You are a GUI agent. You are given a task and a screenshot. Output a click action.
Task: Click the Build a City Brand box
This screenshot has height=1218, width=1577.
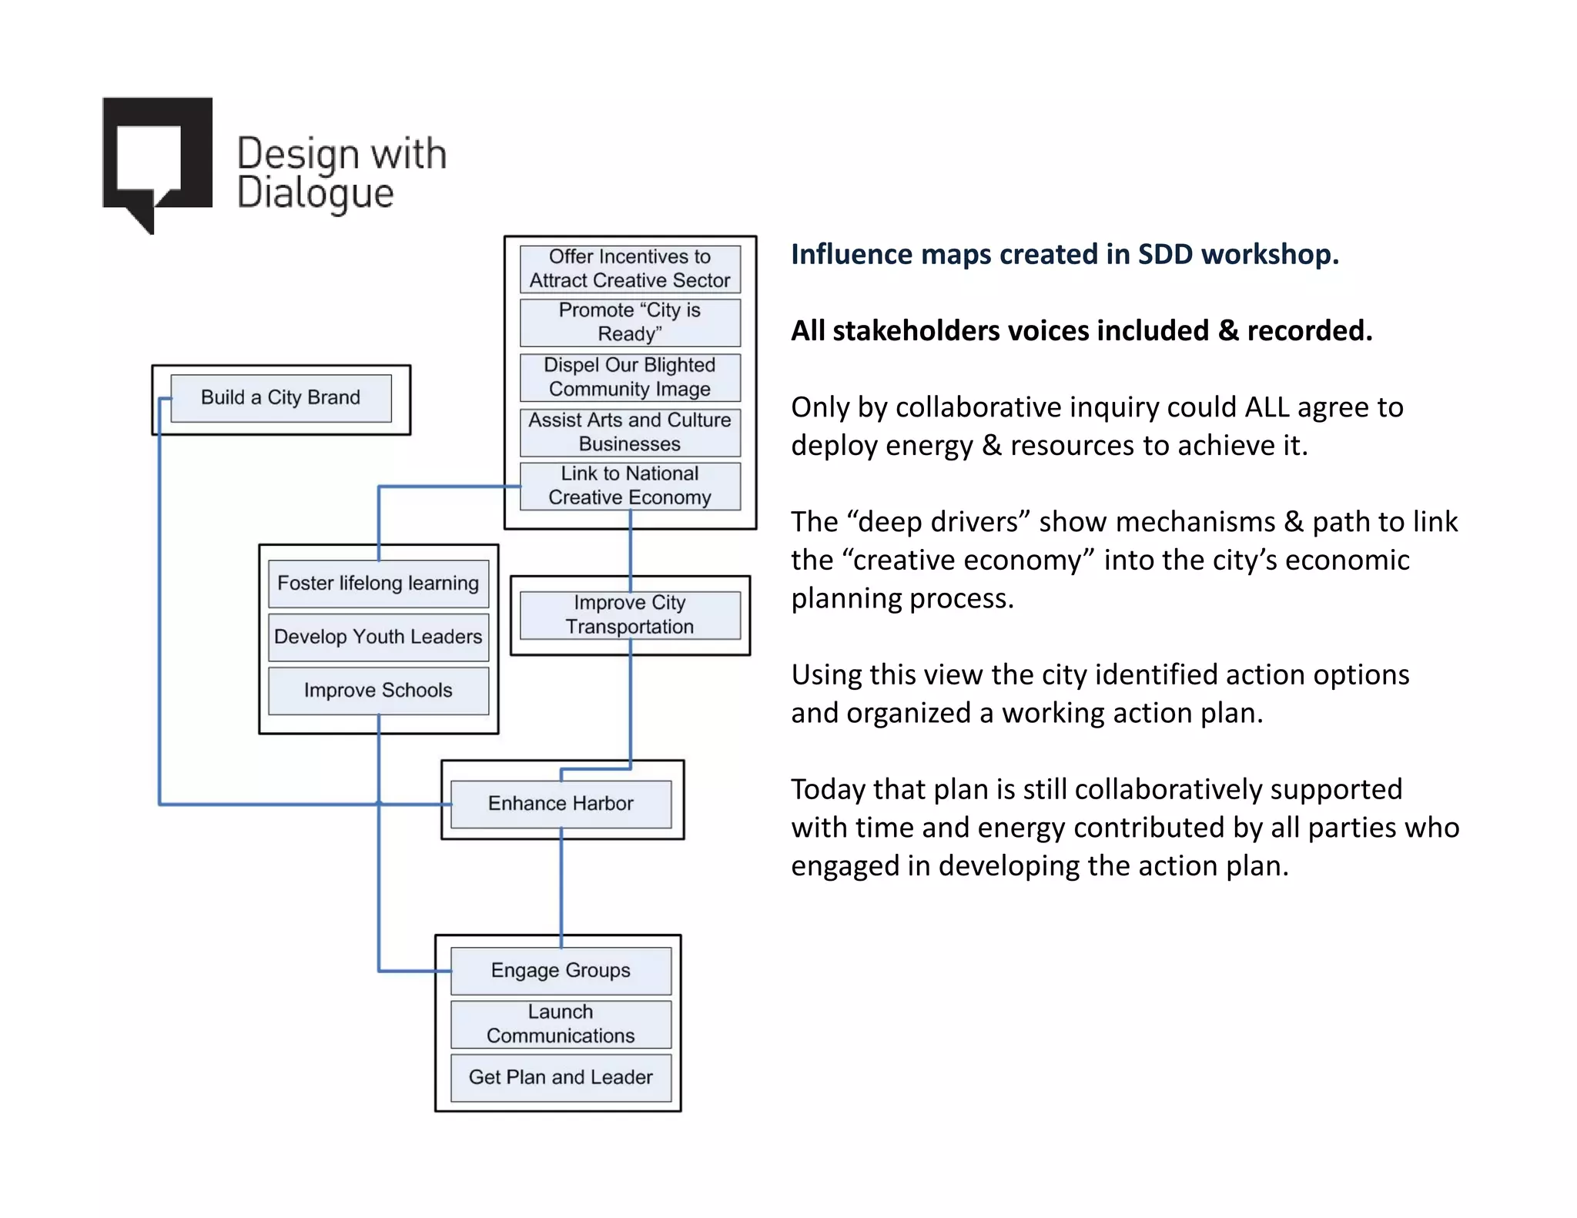[281, 398]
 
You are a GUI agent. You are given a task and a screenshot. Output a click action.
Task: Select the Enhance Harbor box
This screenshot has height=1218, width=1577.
[561, 804]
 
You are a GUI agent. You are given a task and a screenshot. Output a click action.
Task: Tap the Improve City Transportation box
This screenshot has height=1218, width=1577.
[630, 615]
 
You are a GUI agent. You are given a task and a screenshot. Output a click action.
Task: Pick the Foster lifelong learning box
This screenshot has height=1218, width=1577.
[378, 584]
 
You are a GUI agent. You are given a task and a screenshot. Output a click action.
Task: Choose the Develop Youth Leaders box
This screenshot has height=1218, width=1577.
[378, 637]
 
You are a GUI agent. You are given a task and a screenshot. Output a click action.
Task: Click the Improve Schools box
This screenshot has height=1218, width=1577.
[378, 691]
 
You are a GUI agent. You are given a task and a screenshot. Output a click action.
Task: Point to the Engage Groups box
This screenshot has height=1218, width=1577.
[561, 971]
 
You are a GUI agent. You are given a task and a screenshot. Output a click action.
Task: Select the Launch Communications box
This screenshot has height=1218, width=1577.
[561, 1024]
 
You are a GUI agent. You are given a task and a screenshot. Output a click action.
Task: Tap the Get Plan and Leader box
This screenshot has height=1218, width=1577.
[561, 1077]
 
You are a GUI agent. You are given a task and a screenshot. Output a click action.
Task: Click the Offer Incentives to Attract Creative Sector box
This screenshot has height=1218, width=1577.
[630, 269]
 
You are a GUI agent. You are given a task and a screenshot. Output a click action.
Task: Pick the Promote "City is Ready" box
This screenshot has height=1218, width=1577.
[630, 323]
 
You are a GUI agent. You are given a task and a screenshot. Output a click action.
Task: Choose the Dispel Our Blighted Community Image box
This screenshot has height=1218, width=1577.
[630, 377]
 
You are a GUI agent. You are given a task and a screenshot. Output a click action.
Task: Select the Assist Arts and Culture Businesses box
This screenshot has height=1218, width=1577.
[630, 432]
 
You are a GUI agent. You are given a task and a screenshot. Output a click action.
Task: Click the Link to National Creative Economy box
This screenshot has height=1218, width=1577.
[630, 486]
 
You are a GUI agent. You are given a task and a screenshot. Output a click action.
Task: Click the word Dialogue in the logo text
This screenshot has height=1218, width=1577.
[315, 193]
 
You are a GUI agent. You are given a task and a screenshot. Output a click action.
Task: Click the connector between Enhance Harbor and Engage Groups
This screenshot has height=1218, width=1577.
[561, 885]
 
